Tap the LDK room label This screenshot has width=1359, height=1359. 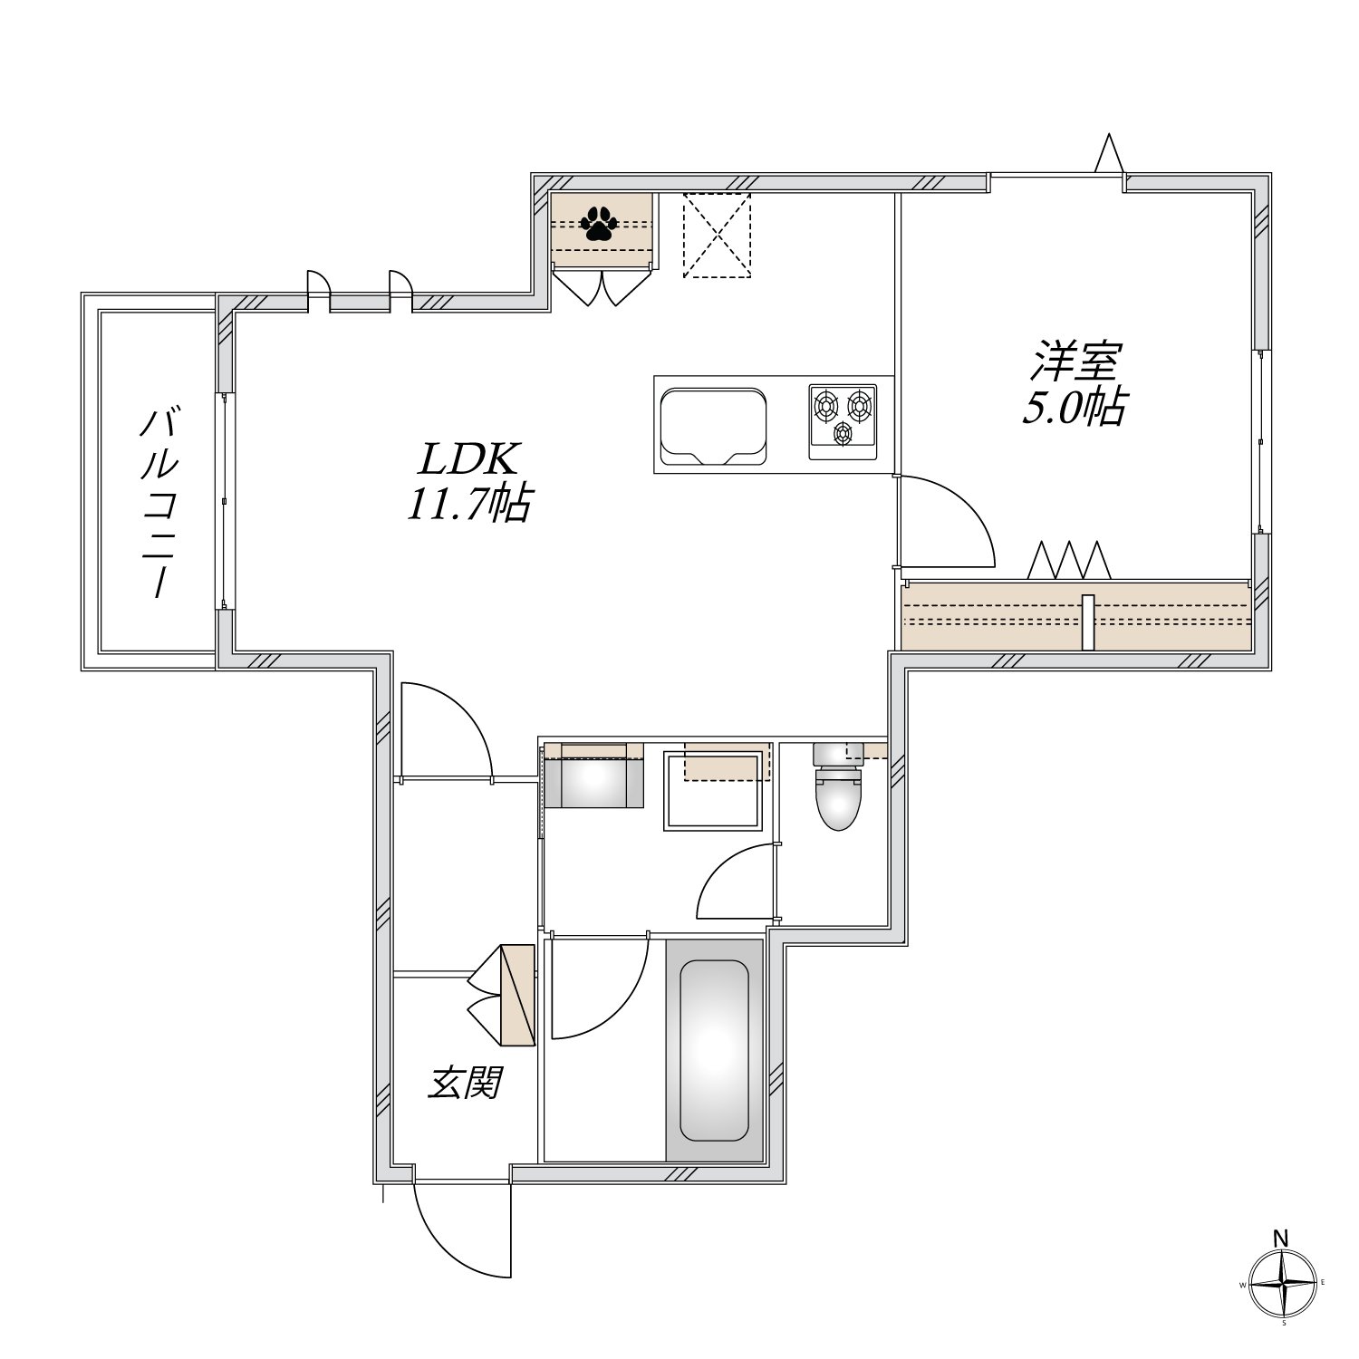[467, 461]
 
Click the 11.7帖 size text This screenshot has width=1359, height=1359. [467, 506]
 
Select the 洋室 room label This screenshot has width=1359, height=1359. [1075, 361]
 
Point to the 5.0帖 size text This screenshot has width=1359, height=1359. [1075, 409]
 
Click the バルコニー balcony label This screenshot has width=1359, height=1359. [159, 503]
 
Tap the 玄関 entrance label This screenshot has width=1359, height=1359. [465, 1083]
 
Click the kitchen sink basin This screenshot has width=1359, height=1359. [713, 426]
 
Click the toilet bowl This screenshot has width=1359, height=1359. [837, 797]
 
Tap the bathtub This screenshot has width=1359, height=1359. [714, 1051]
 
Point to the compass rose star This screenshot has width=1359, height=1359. [1283, 1285]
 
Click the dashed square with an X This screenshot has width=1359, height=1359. [717, 236]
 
